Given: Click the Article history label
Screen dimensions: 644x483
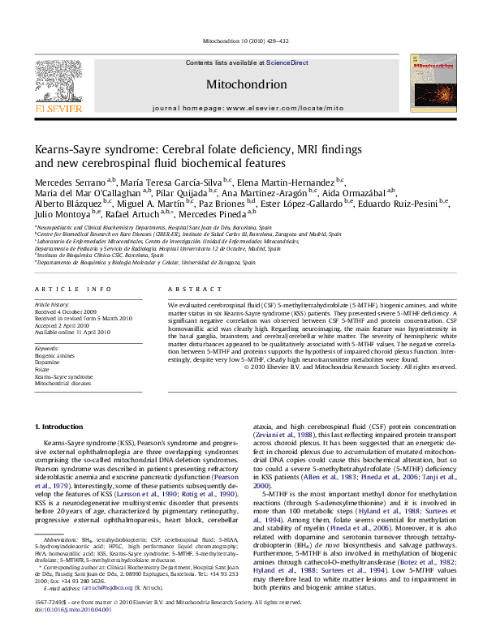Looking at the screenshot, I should tap(52, 304).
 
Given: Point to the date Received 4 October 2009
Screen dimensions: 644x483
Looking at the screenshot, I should tap(72, 311).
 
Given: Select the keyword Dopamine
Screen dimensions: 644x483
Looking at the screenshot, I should tap(49, 362).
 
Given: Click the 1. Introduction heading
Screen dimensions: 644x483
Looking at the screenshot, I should tap(61, 427).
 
